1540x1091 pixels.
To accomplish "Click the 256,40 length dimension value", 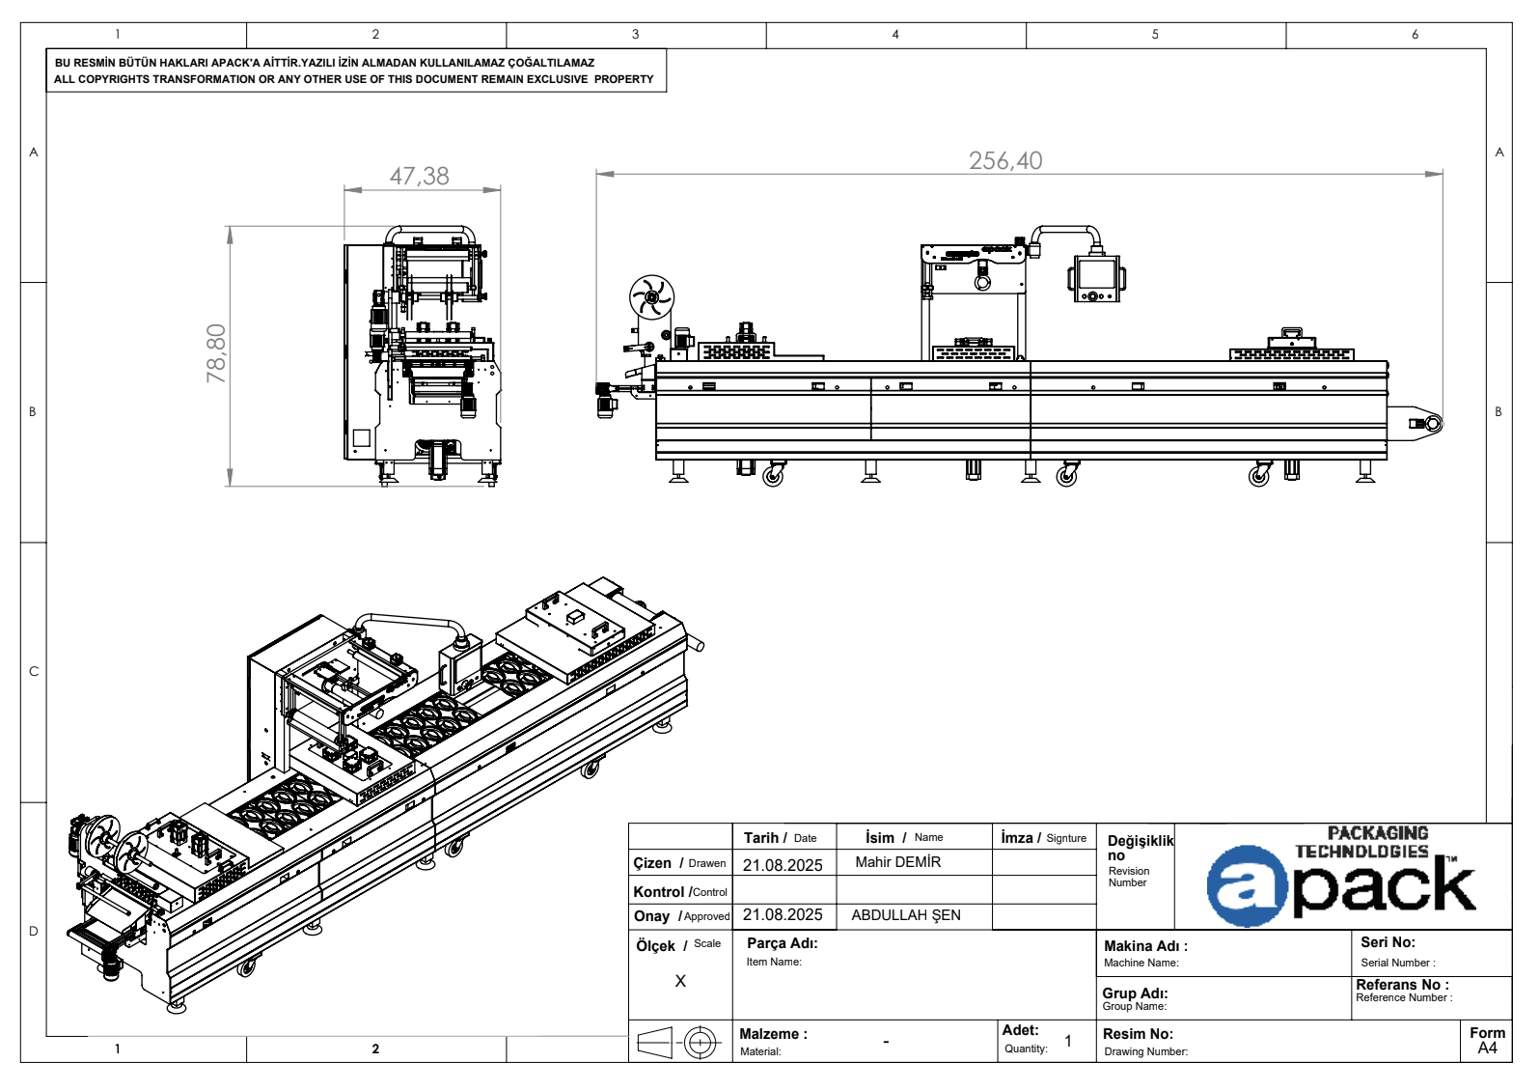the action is click(x=1005, y=160).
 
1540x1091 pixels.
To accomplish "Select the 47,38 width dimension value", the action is click(x=420, y=176).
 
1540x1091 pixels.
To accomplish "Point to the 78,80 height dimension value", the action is click(x=216, y=353).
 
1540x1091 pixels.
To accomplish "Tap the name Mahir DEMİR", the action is click(x=898, y=862).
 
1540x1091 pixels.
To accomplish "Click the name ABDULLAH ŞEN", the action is click(x=906, y=915).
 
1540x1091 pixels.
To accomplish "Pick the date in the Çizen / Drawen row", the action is click(x=783, y=865).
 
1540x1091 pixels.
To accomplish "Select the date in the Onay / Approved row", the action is click(x=783, y=915).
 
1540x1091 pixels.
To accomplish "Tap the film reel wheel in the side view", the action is click(x=651, y=297).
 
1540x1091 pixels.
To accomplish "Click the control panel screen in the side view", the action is click(x=1097, y=274).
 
